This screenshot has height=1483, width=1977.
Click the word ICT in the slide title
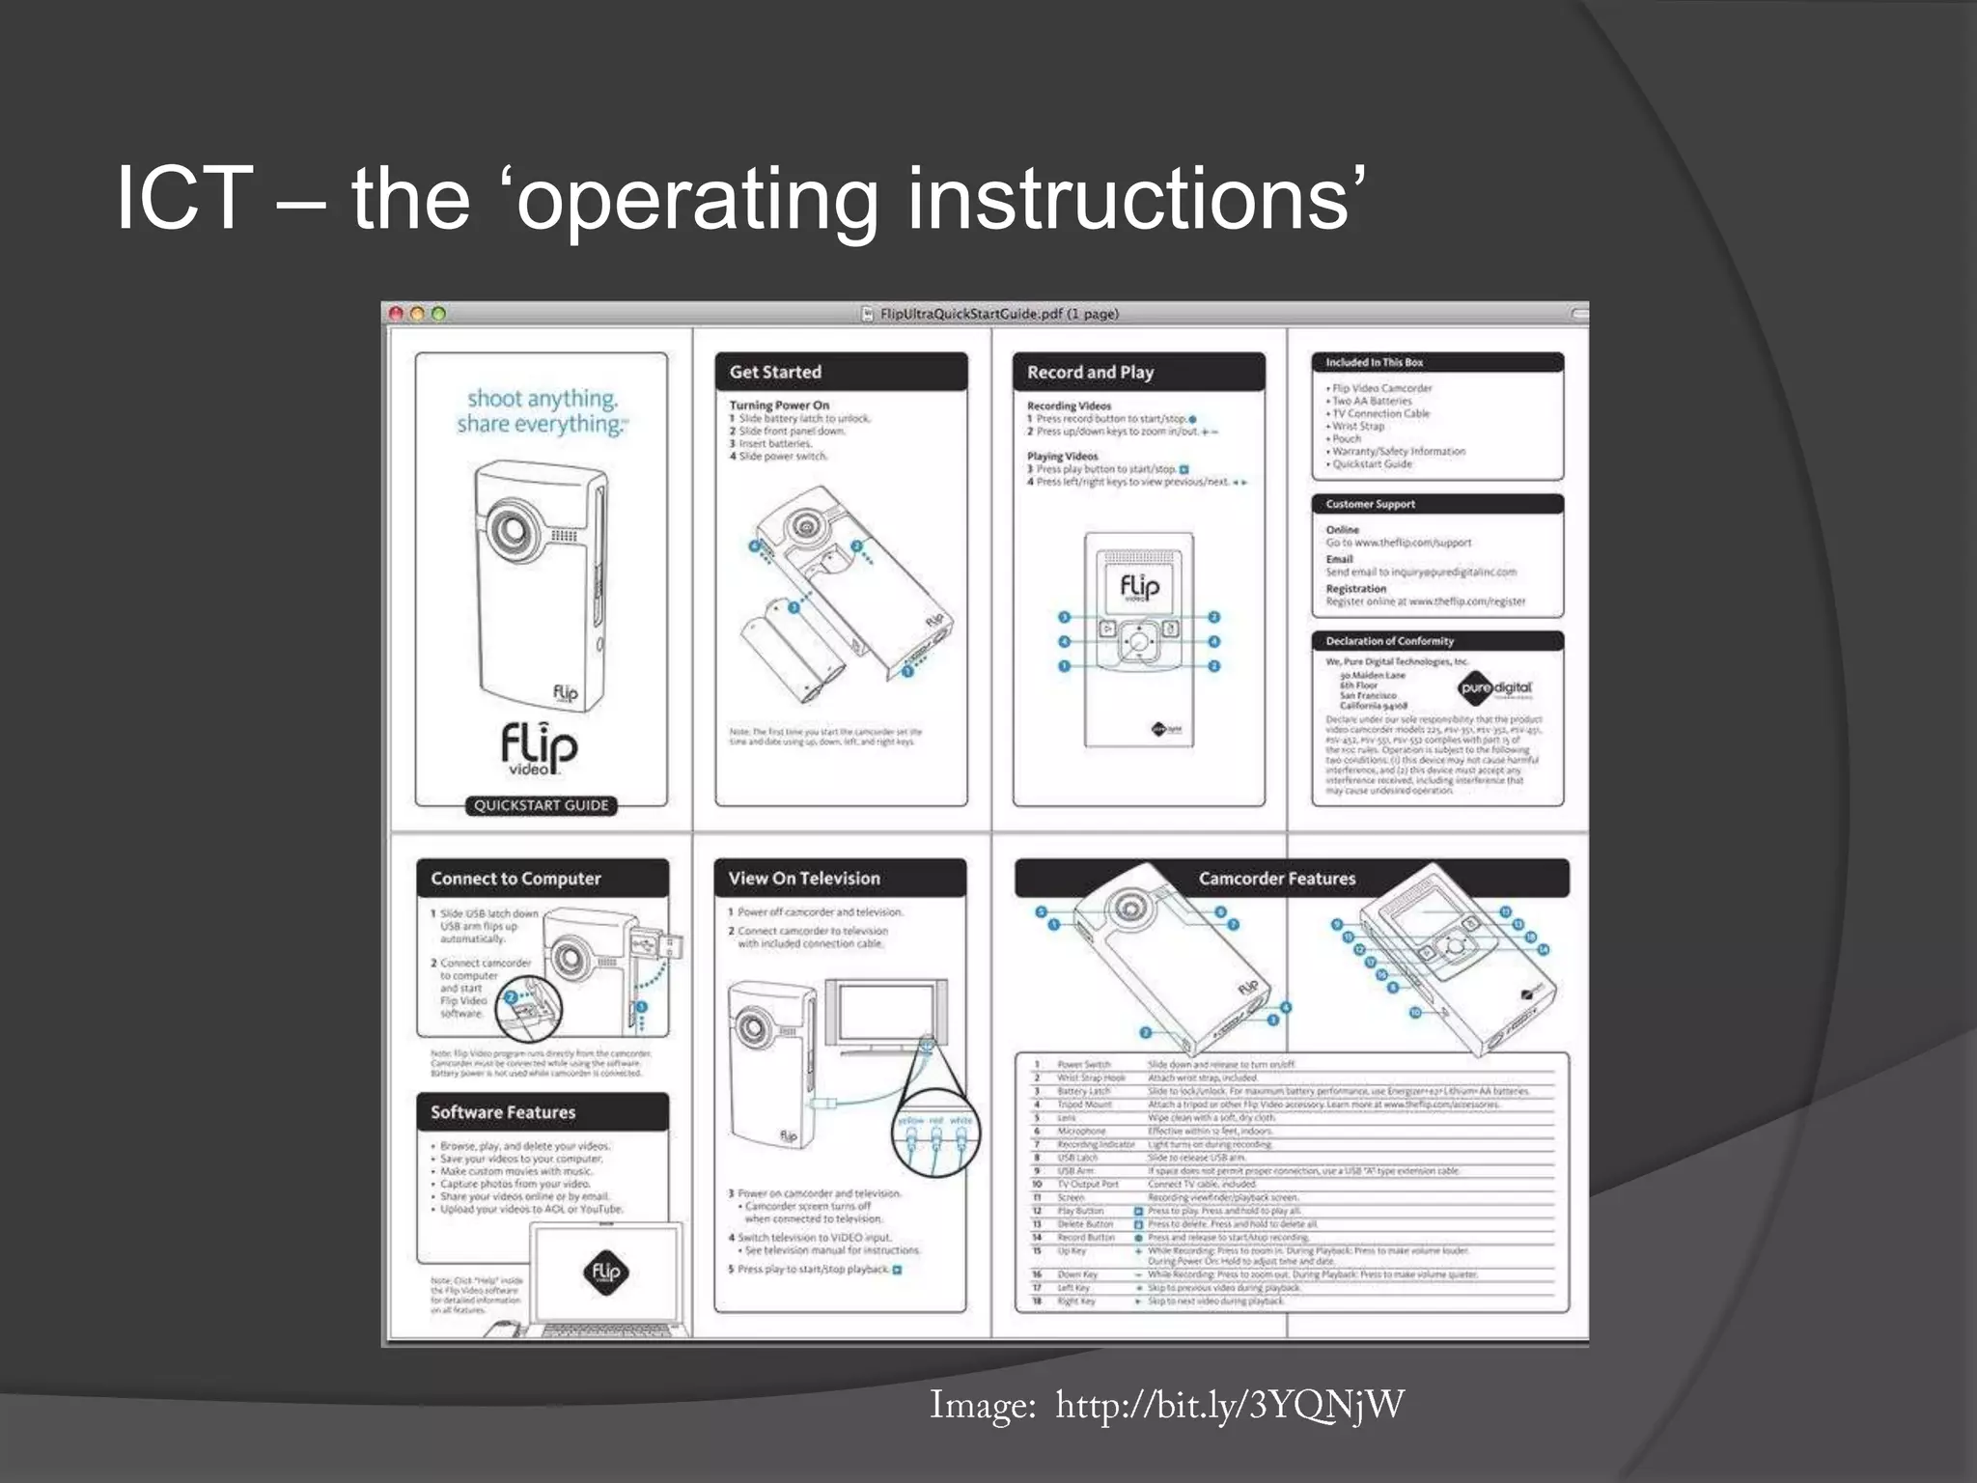tap(184, 198)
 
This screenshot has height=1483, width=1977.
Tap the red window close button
tap(396, 313)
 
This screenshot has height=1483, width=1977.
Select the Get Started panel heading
tap(775, 372)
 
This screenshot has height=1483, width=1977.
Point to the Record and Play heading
tap(1090, 372)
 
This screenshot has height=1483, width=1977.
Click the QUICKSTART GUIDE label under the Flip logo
tap(541, 805)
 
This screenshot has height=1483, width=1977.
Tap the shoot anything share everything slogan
tap(541, 411)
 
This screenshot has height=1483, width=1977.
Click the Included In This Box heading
tap(1374, 363)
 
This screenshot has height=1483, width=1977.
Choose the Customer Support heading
tap(1370, 504)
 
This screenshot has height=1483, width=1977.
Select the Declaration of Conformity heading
tap(1389, 641)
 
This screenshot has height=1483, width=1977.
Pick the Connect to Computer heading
tap(515, 879)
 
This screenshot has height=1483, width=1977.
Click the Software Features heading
tap(503, 1112)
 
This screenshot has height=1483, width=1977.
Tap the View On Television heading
tap(804, 879)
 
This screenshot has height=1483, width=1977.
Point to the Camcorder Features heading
tap(1276, 879)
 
